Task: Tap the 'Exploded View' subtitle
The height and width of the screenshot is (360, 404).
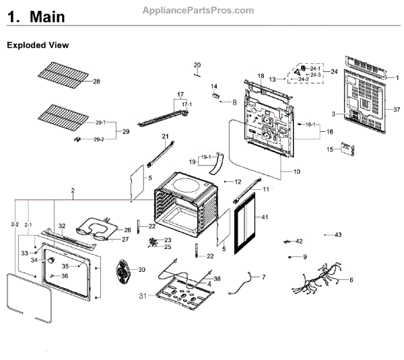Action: tap(38, 45)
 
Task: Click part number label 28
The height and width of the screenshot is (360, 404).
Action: tap(96, 81)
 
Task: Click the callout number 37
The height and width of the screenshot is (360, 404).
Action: tap(397, 109)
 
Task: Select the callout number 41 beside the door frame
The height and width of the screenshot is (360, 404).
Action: tap(265, 217)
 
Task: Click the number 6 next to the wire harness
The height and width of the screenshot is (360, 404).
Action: tap(351, 279)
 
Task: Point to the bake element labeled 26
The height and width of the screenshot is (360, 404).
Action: tap(98, 228)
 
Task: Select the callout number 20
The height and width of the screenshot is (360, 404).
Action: tap(197, 65)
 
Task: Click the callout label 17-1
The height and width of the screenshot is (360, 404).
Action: tap(186, 104)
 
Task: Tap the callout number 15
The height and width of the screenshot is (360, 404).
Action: tap(330, 149)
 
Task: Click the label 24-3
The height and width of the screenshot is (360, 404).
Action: tap(315, 74)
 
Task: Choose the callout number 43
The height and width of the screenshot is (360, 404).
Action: tap(338, 235)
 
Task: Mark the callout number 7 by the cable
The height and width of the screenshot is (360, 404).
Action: tap(263, 277)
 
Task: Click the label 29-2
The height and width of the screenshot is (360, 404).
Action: tap(98, 139)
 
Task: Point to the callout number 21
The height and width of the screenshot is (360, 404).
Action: tap(164, 137)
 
